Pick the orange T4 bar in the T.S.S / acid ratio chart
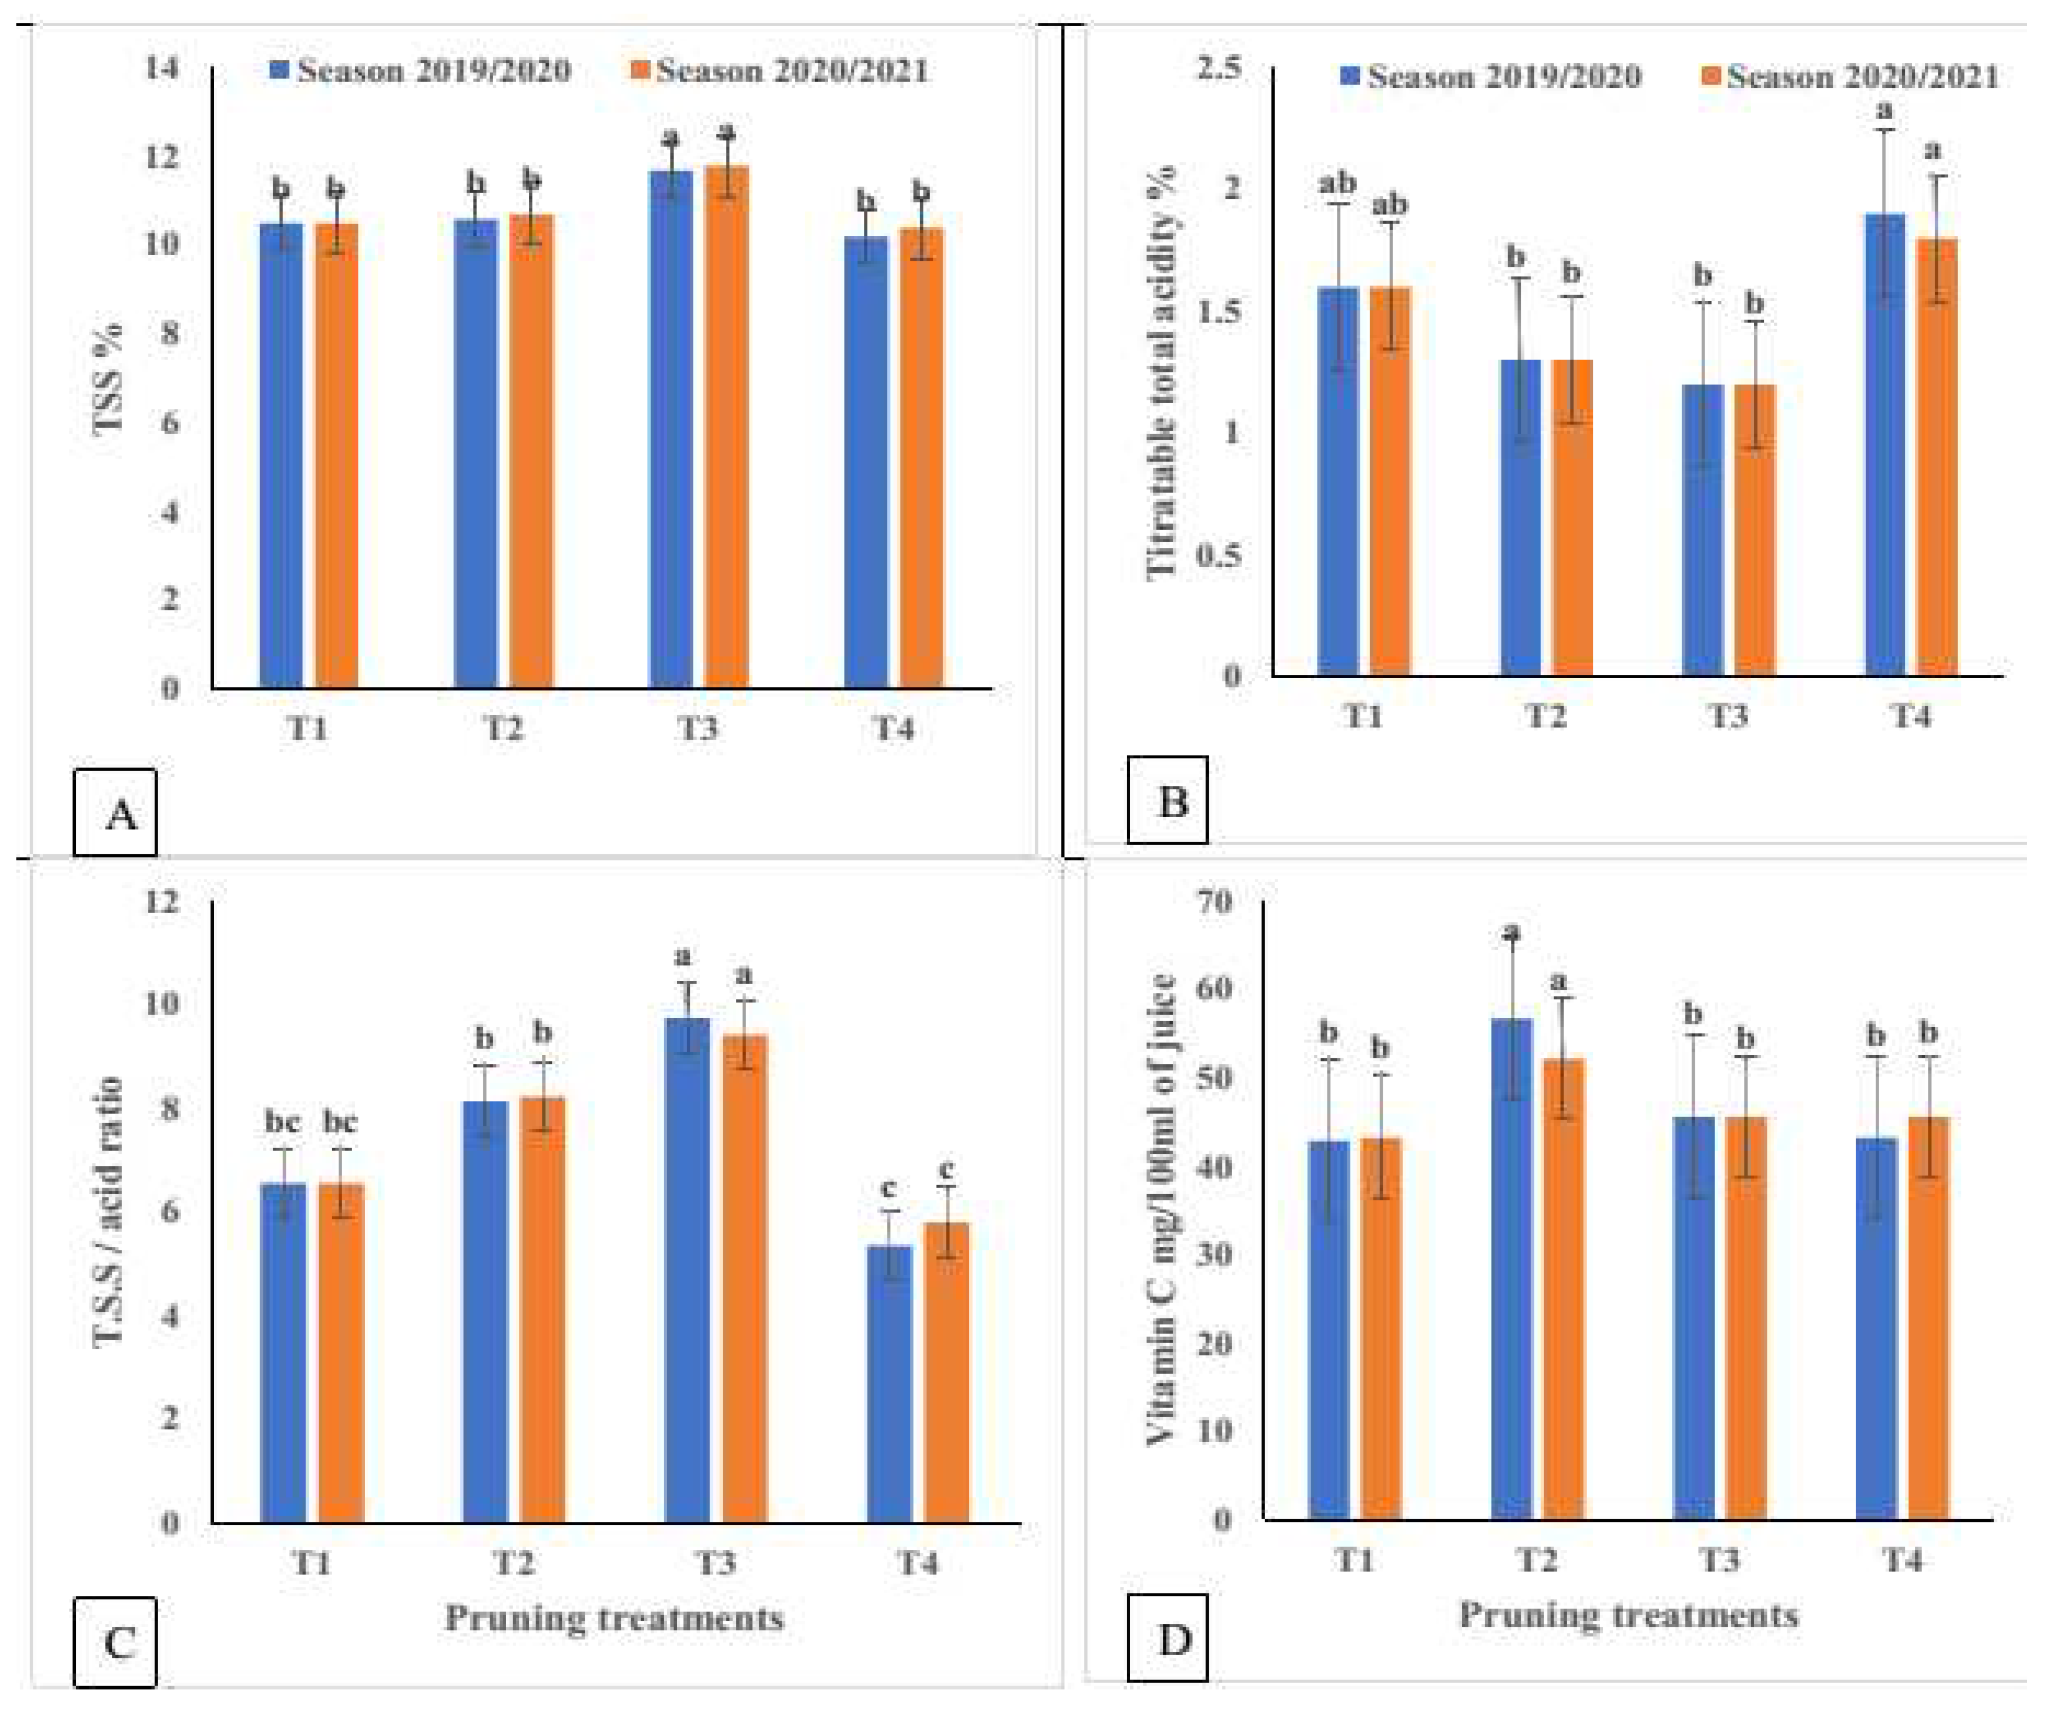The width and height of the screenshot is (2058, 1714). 947,1372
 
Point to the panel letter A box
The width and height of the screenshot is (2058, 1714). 116,812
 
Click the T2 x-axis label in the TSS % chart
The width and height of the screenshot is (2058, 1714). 503,729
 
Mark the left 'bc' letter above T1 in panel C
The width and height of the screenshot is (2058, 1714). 282,1122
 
